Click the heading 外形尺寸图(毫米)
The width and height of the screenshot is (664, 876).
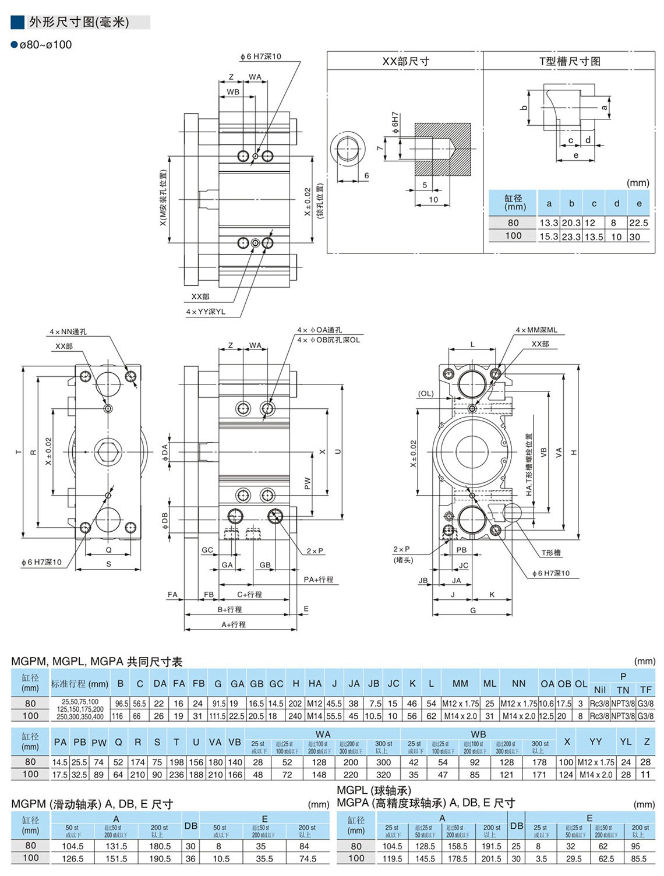[x=79, y=22]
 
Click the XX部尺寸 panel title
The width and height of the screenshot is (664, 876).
[x=405, y=61]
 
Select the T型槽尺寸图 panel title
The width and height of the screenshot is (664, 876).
[x=569, y=61]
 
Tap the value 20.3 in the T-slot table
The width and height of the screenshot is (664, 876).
[x=571, y=222]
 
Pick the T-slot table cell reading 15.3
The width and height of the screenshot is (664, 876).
[x=548, y=236]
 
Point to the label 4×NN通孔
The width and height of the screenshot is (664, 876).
[x=68, y=332]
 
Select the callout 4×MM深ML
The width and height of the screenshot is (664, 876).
[x=536, y=330]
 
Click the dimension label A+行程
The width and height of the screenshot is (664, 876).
[x=233, y=624]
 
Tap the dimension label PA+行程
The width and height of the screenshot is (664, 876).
[x=318, y=580]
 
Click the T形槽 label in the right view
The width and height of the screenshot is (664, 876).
[x=550, y=552]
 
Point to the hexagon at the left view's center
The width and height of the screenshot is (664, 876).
[x=108, y=451]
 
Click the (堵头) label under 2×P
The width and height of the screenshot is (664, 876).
[x=403, y=560]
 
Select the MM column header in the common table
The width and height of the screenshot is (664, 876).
[x=460, y=684]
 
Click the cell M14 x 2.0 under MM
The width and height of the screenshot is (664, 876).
[x=460, y=716]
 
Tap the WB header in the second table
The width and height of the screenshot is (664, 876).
[x=478, y=734]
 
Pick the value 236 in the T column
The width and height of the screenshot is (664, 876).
[x=176, y=775]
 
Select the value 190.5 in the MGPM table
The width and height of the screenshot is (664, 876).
[x=160, y=859]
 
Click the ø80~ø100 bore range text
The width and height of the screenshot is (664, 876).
[x=45, y=45]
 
